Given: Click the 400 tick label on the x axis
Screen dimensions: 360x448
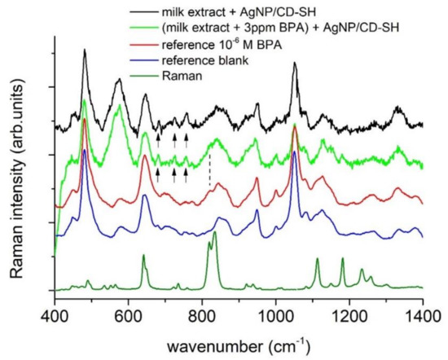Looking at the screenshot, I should (55, 311).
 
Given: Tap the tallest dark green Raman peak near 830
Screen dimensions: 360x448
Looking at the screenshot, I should (214, 233).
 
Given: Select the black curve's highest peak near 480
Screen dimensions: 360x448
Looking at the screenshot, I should (85, 50).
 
